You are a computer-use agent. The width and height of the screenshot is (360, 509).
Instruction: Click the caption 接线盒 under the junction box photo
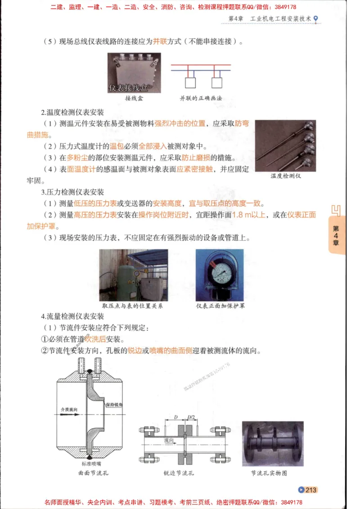(x=134, y=98)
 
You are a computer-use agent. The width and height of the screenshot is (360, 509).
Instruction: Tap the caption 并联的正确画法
(x=201, y=98)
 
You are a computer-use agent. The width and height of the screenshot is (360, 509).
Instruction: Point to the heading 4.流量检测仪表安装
(x=72, y=316)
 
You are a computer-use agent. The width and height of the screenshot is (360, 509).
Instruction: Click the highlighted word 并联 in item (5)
(x=161, y=42)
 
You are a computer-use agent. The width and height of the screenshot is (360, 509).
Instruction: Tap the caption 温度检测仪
(x=286, y=176)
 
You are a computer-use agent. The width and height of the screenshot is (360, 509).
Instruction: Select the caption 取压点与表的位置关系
(x=133, y=306)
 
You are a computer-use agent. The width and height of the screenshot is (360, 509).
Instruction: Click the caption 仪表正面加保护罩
(x=220, y=306)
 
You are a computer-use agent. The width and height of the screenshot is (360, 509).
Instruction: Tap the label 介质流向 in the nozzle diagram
(x=70, y=410)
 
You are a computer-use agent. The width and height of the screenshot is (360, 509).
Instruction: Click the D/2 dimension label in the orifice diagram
(x=192, y=417)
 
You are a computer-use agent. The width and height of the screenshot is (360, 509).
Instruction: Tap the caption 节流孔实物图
(x=269, y=473)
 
